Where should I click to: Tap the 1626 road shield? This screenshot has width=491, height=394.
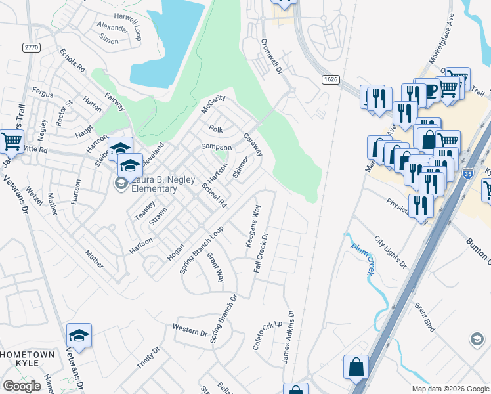click(330, 79)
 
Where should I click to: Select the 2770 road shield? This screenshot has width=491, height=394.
click(30, 47)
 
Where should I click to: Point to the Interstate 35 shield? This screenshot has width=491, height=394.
click(467, 173)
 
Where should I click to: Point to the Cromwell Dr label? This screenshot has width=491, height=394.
click(271, 57)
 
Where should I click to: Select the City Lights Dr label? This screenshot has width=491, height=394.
click(390, 252)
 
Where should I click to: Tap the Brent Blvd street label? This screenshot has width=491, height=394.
click(425, 316)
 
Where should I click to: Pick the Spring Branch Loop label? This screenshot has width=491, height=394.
click(202, 250)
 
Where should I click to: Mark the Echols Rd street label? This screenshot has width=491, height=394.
click(72, 60)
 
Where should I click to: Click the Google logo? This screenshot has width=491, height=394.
click(22, 386)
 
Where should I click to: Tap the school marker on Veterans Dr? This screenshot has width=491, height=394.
click(79, 336)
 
